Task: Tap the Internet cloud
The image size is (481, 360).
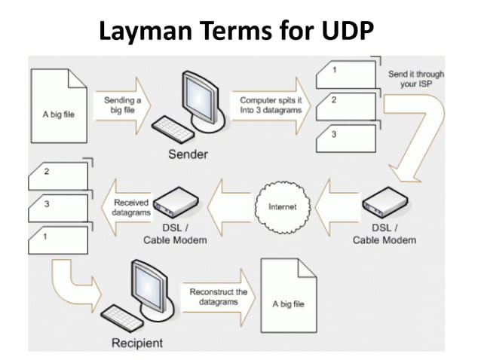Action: (282, 206)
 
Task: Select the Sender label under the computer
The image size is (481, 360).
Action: (189, 154)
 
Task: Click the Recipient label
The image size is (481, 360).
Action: (136, 343)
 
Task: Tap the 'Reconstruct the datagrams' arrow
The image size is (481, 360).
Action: (219, 297)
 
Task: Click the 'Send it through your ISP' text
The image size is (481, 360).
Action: (416, 80)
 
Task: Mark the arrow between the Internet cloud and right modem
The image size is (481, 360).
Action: (336, 206)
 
